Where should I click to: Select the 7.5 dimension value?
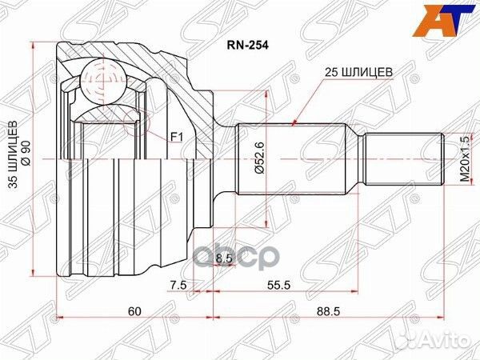click(x=178, y=284)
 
